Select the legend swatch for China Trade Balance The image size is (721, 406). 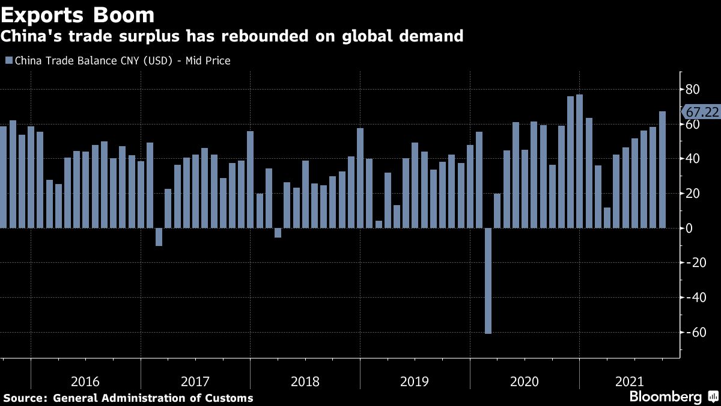pyautogui.click(x=8, y=60)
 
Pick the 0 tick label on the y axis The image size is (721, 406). pyautogui.click(x=690, y=229)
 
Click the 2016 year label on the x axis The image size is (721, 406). pyautogui.click(x=85, y=381)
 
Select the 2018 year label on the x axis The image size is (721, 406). pyautogui.click(x=305, y=381)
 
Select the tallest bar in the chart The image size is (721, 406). pyautogui.click(x=579, y=161)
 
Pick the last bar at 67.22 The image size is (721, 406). pyautogui.click(x=662, y=170)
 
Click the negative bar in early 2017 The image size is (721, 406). pyautogui.click(x=159, y=237)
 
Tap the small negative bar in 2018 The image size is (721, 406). pyautogui.click(x=278, y=233)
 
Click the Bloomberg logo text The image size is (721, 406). pyautogui.click(x=665, y=397)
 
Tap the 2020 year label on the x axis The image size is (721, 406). pyautogui.click(x=525, y=381)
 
